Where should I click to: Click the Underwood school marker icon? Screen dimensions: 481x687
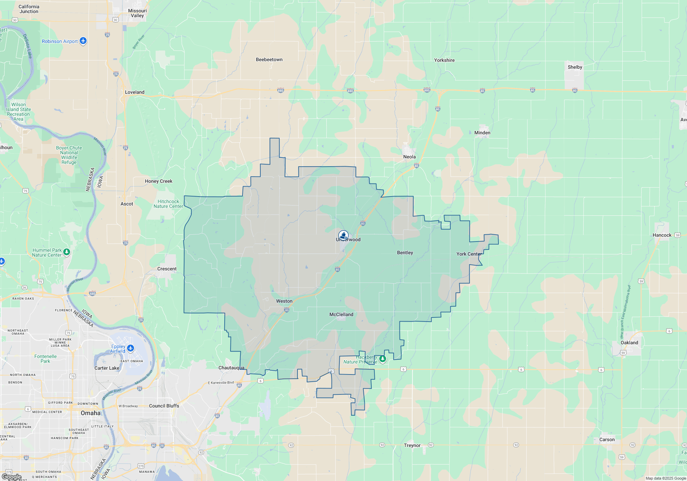tap(343, 235)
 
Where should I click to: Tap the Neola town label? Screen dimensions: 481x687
tap(409, 157)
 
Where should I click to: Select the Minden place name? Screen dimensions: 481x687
tap(482, 133)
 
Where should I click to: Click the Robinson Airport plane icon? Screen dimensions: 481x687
tap(83, 41)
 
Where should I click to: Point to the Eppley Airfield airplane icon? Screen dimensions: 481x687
tap(131, 348)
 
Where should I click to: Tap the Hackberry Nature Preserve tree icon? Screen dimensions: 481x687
tap(383, 359)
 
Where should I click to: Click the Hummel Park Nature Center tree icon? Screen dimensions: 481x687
tap(67, 252)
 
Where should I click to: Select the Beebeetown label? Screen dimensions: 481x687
tap(269, 59)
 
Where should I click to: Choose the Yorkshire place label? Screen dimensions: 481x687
tap(444, 60)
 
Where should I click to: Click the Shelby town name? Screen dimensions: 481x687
tap(575, 67)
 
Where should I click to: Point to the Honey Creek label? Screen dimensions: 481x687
tap(158, 181)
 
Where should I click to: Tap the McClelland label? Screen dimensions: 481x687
tap(341, 314)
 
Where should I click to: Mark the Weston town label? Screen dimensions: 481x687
tap(284, 301)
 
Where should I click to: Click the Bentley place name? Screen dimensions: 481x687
tap(405, 253)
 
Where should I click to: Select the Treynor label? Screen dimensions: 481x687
tap(412, 445)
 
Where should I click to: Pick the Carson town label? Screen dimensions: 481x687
tap(607, 439)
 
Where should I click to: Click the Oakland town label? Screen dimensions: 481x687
tap(629, 343)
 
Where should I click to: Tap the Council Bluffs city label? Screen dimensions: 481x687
tap(164, 406)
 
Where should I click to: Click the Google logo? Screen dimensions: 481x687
tap(11, 477)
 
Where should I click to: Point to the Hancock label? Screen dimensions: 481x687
tap(662, 235)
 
